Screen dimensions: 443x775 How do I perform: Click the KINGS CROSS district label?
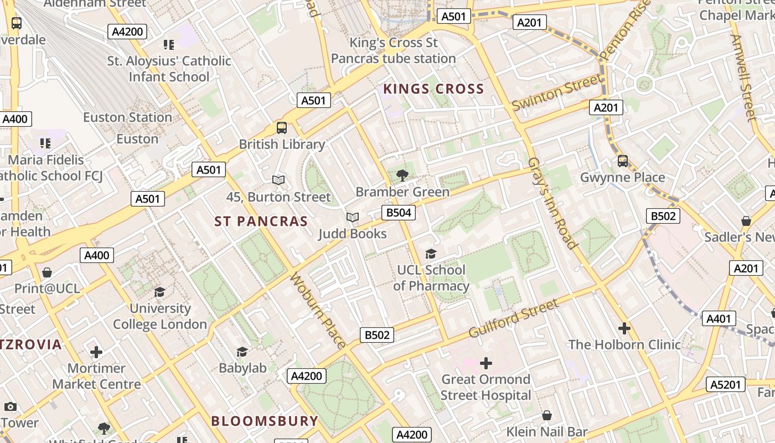433,89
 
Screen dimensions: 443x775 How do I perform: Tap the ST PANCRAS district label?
261,221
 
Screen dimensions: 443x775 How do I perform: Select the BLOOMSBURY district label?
265,421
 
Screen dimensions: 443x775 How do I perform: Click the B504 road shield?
399,213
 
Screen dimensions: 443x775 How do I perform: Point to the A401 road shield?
719,318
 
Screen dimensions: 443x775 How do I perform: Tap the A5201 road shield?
725,384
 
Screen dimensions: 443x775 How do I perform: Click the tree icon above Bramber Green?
402,176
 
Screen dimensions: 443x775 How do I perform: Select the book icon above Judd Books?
353,217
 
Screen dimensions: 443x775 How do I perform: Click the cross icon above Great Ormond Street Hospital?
485,363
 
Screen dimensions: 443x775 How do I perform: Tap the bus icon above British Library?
282,128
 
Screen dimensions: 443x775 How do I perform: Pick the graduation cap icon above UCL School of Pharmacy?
431,254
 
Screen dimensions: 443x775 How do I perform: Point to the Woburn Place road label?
317,311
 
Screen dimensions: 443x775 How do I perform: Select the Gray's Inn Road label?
552,203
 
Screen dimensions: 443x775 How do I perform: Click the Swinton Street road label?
557,92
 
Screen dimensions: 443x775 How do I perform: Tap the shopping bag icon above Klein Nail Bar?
547,415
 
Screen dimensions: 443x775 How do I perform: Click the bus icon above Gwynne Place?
623,161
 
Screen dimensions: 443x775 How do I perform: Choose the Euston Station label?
127,117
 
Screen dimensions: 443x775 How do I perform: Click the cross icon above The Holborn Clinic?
624,328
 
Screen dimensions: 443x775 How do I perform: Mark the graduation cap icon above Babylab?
242,352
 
